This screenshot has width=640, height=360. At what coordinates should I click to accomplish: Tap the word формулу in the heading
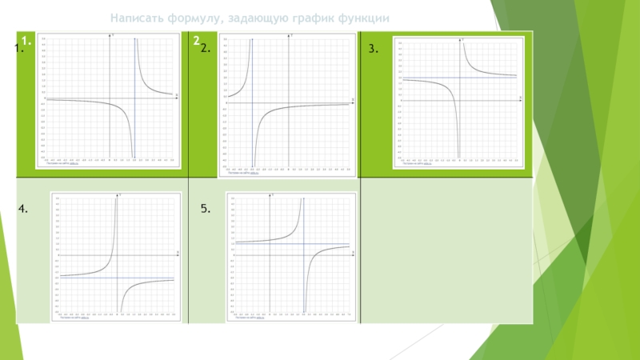(192, 18)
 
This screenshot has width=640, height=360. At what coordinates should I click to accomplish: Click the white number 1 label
(26, 40)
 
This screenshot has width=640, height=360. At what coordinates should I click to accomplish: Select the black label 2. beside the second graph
(206, 50)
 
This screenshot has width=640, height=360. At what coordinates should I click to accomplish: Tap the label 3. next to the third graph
(373, 50)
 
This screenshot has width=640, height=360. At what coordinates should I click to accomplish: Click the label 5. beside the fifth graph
(206, 209)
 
